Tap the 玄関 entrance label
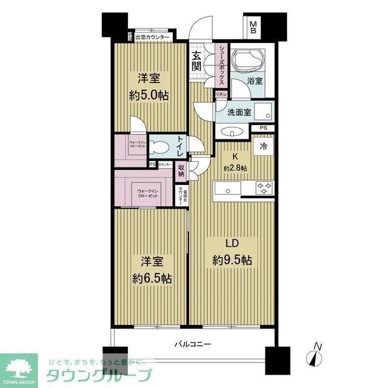[197, 61]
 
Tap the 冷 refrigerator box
[264, 145]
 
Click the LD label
[231, 244]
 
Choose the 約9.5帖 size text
[231, 261]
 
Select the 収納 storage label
[181, 170]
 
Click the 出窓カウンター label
[152, 37]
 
